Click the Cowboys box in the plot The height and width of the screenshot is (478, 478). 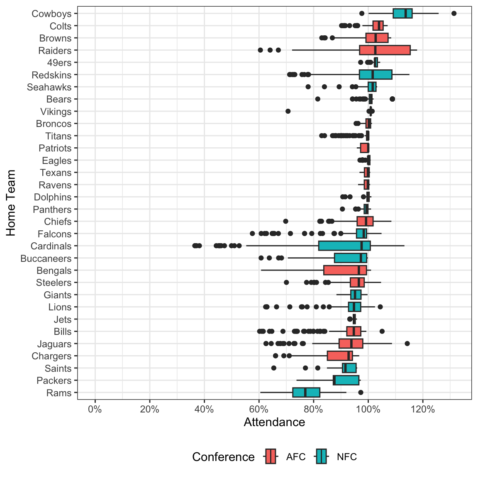(402, 13)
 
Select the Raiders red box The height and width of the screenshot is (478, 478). (385, 50)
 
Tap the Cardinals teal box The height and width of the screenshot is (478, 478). (344, 246)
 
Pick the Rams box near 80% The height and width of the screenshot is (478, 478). (306, 393)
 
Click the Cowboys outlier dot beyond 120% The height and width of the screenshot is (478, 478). (454, 13)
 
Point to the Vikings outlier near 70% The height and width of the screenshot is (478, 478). (288, 111)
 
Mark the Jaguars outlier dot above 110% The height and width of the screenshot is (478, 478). (407, 344)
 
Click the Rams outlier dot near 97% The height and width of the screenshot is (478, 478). (361, 393)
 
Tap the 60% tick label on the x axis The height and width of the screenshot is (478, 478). (259, 410)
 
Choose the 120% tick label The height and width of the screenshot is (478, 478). (423, 410)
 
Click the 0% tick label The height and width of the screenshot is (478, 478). (95, 410)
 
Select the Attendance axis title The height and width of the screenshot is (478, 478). (274, 422)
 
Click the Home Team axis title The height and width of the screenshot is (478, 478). (11, 203)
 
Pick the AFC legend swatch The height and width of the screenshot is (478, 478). (271, 457)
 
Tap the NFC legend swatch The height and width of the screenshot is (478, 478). (321, 457)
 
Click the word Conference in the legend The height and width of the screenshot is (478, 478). (223, 457)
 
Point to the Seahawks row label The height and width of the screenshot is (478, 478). (49, 87)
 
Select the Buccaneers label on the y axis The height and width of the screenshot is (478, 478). (46, 259)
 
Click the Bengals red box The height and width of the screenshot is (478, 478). (345, 270)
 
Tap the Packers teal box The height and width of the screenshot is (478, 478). (346, 380)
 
